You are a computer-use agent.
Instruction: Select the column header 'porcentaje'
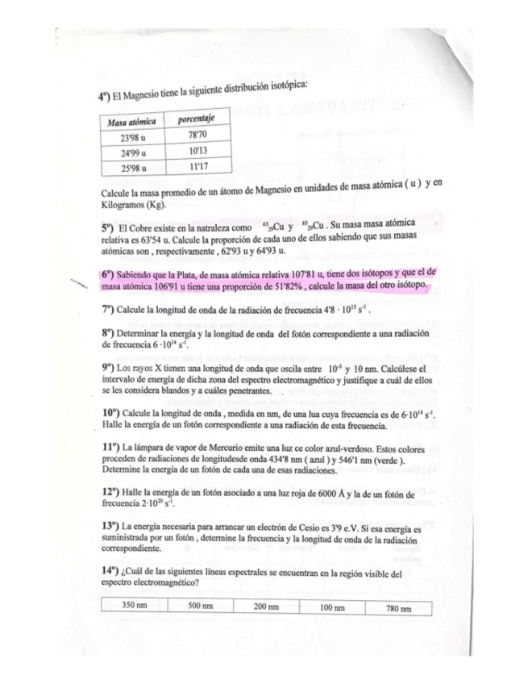tap(194, 119)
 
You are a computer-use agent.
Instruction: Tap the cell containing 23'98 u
tap(131, 139)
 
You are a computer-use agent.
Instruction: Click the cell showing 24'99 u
tap(131, 154)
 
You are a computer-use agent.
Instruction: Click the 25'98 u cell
tap(131, 169)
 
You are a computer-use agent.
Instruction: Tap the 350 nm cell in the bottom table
tap(133, 604)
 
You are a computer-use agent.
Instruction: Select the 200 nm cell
tap(265, 606)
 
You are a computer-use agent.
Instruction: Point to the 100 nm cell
tap(331, 607)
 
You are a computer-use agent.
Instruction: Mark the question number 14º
tap(111, 570)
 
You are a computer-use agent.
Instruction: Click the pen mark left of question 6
tap(78, 283)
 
